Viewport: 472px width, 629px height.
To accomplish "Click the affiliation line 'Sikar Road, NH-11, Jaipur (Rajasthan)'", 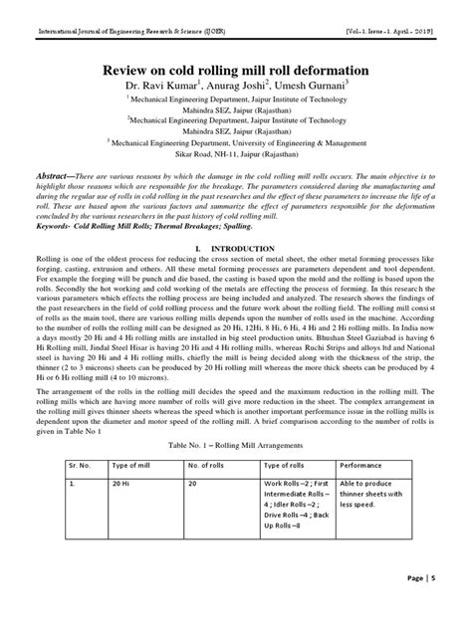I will [x=236, y=156].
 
